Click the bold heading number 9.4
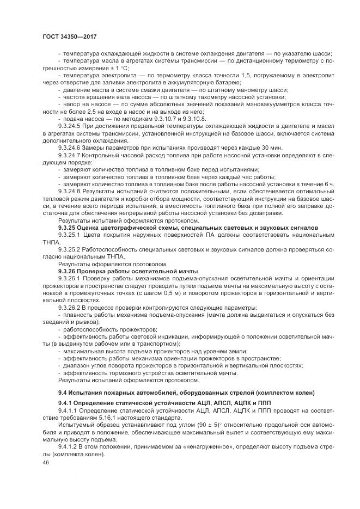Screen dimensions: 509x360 [x=62, y=393]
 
